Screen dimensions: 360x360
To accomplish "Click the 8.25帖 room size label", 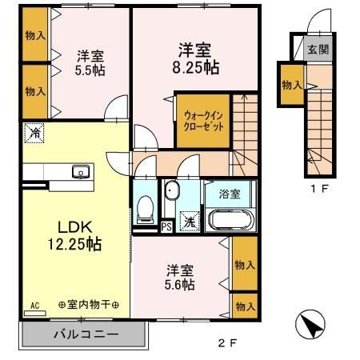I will (194, 68).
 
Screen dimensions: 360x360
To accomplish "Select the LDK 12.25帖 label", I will (74, 234).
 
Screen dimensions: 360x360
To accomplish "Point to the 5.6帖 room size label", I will (181, 283).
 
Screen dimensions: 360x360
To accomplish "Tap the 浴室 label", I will (229, 193).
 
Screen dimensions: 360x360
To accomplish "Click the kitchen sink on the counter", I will (80, 171).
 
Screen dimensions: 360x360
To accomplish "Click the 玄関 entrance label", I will (317, 48).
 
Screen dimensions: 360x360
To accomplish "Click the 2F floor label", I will (227, 345).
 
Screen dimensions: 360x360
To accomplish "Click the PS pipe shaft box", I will (166, 226).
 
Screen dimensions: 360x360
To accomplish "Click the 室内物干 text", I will (89, 306).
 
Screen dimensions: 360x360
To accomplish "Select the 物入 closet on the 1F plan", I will (291, 85).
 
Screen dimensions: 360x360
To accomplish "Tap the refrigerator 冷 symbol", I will (34, 133).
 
